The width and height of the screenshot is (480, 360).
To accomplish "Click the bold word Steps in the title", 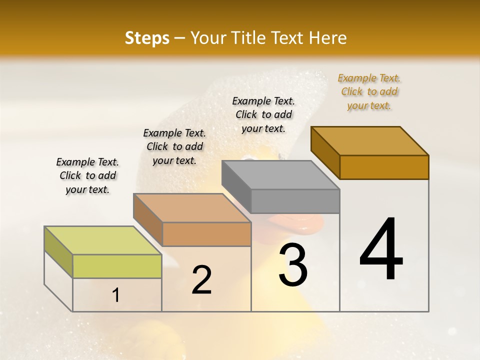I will (147, 38).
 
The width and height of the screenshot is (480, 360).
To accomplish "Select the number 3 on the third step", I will (293, 264).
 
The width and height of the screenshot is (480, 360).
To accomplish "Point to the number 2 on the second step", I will (201, 280).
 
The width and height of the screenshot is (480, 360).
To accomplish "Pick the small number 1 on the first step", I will (116, 295).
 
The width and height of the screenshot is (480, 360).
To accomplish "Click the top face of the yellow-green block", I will (102, 240).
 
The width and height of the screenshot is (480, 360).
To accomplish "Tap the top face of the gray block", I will (280, 175).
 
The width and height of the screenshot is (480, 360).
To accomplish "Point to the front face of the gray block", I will (295, 201).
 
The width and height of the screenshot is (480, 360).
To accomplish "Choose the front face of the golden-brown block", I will (384, 167).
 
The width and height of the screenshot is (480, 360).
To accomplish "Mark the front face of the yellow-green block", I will (117, 266).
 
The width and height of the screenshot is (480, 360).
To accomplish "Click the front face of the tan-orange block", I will (206, 234).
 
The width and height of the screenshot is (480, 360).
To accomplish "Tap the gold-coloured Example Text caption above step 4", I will (369, 91).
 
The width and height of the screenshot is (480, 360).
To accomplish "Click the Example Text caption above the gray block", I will (263, 114).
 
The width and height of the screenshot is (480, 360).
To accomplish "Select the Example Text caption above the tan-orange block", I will (174, 146).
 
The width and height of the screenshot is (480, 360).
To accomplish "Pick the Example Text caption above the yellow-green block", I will (87, 175).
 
